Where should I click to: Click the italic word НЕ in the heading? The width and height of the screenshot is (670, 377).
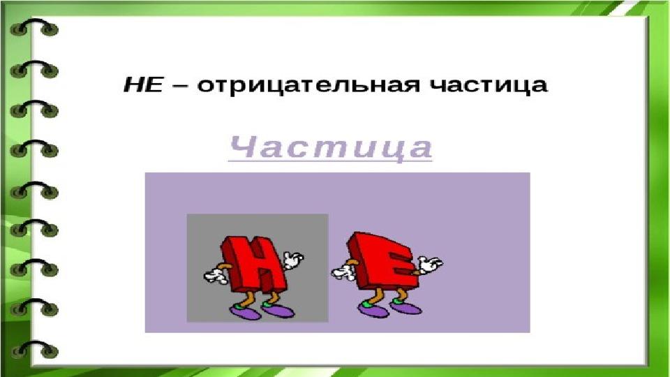143,84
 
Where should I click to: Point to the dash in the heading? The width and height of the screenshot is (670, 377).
180,85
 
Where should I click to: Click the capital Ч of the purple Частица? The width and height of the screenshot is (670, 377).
243,147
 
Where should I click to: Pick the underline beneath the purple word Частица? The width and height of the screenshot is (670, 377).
330,161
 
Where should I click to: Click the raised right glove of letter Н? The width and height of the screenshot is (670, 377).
294,260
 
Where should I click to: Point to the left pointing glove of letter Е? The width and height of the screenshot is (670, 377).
343,271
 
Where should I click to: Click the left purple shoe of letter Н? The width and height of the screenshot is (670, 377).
245,312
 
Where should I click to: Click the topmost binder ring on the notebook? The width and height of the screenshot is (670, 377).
34,27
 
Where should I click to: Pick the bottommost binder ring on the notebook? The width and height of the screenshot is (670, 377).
34,349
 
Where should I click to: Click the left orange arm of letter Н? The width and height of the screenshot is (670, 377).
224,267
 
